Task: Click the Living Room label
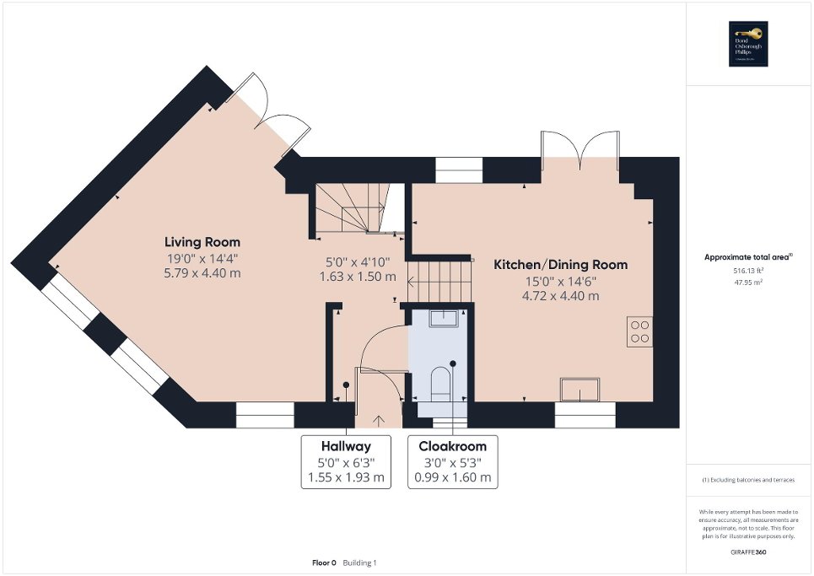coord(202,242)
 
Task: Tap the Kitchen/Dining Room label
coord(560,265)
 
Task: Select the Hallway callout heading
coord(346,445)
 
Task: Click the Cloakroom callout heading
coord(452,445)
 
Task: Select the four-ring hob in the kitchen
coord(639,331)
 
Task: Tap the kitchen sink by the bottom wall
coord(580,390)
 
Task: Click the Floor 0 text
coord(324,563)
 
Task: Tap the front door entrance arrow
coord(377,418)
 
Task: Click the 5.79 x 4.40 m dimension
coord(202,272)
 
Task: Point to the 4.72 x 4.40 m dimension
coord(560,295)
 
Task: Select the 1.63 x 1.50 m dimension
coord(358,277)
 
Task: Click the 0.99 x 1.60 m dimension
coord(452,477)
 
